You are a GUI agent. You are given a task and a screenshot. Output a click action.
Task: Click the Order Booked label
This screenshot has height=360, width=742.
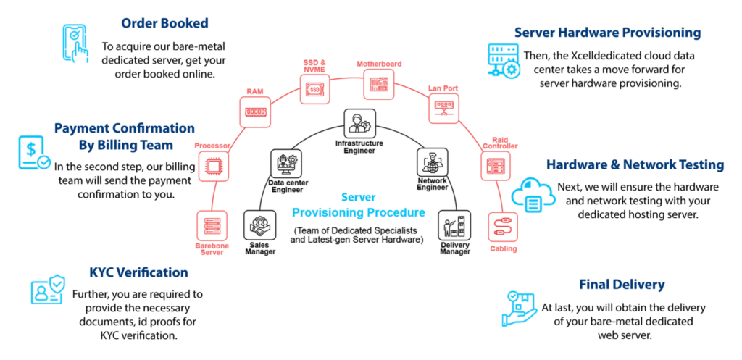[x=164, y=23]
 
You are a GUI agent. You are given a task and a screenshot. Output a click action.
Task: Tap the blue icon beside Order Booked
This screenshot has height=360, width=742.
[x=75, y=43]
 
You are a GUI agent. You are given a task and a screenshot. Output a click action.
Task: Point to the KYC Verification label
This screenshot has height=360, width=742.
[x=138, y=273]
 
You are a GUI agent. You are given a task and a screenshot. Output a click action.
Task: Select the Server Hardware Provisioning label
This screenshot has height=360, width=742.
[x=607, y=33]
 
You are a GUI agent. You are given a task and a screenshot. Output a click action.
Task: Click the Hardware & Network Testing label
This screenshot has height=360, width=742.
[x=635, y=165]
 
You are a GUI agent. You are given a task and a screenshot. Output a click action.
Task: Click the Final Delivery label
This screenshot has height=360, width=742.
[x=622, y=285]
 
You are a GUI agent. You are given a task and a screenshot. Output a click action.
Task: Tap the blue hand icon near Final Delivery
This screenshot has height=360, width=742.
[x=519, y=308]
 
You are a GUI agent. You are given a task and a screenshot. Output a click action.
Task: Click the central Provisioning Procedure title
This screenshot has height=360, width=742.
[x=359, y=212]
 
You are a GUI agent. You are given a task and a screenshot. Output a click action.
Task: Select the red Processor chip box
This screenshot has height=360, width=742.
[x=214, y=166]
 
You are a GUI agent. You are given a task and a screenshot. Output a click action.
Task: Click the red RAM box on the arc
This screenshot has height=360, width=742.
[x=255, y=112]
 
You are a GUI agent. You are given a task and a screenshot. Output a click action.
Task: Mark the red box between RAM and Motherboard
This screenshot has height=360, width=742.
[x=314, y=89]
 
